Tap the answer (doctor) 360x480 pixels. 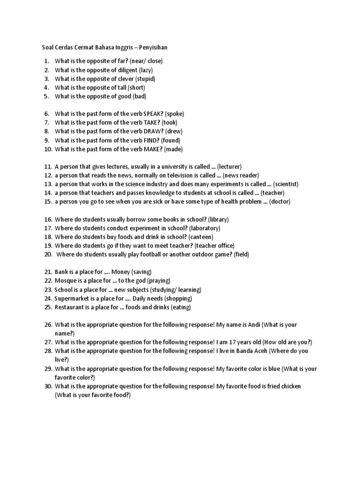pos(280,202)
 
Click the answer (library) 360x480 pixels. pos(219,219)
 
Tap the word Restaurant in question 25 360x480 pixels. pos(69,307)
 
